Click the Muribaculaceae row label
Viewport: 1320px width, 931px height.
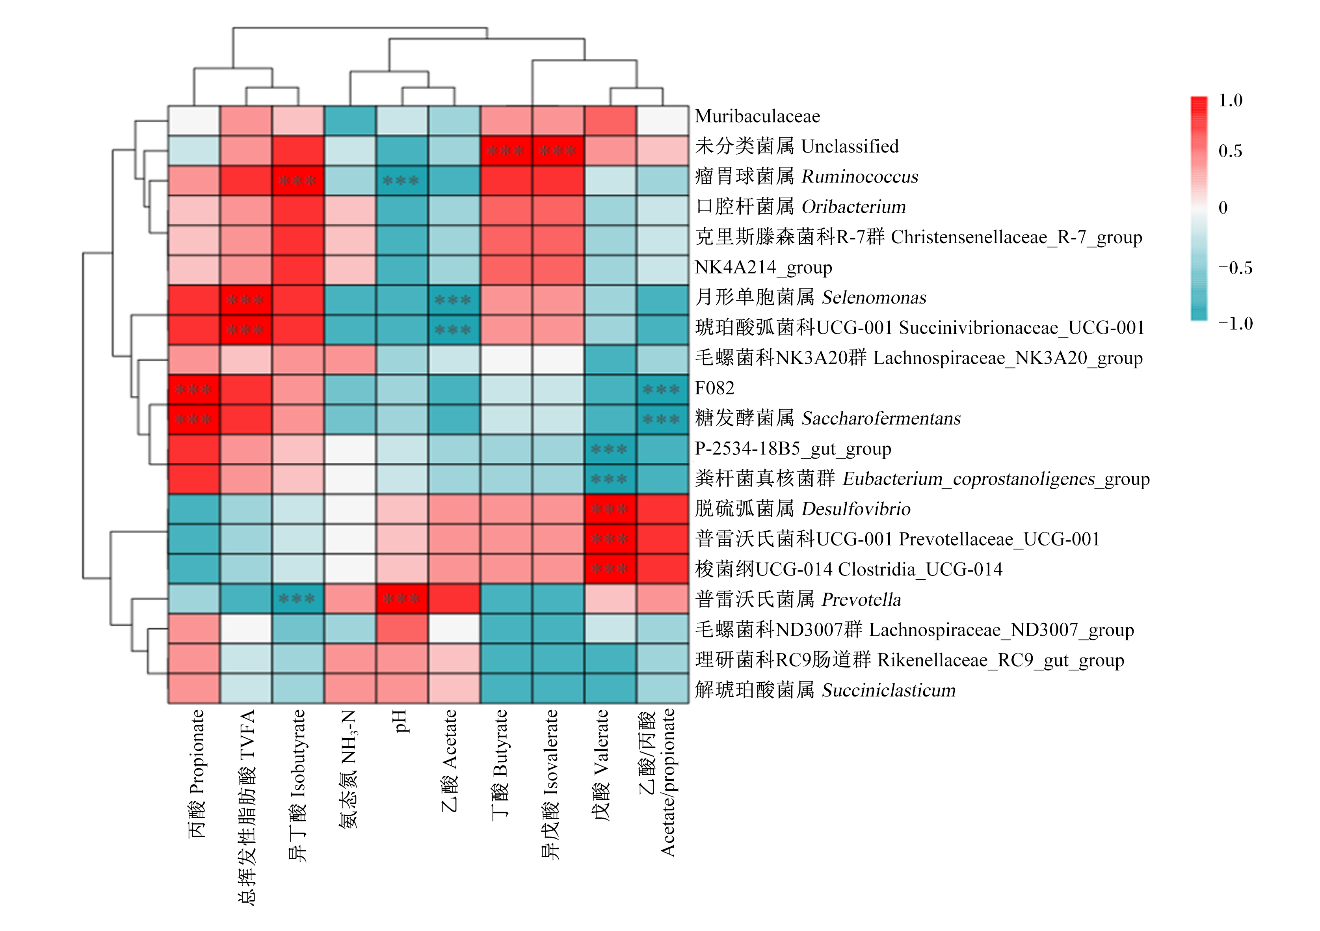pyautogui.click(x=757, y=116)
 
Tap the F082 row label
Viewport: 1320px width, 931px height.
pyautogui.click(x=715, y=388)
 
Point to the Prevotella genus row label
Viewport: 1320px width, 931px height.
pyautogui.click(x=798, y=600)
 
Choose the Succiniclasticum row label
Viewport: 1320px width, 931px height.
pyautogui.click(x=825, y=690)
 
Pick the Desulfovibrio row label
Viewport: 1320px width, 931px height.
pyautogui.click(x=803, y=509)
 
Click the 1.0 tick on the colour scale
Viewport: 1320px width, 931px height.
pyautogui.click(x=1230, y=101)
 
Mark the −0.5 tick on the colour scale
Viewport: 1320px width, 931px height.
pyautogui.click(x=1235, y=268)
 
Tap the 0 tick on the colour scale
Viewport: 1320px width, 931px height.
pyautogui.click(x=1223, y=208)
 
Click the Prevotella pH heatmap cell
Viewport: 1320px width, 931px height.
pyautogui.click(x=402, y=599)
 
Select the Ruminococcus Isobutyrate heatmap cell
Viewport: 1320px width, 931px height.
pyautogui.click(x=298, y=181)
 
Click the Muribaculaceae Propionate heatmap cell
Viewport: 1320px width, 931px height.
pyautogui.click(x=194, y=121)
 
